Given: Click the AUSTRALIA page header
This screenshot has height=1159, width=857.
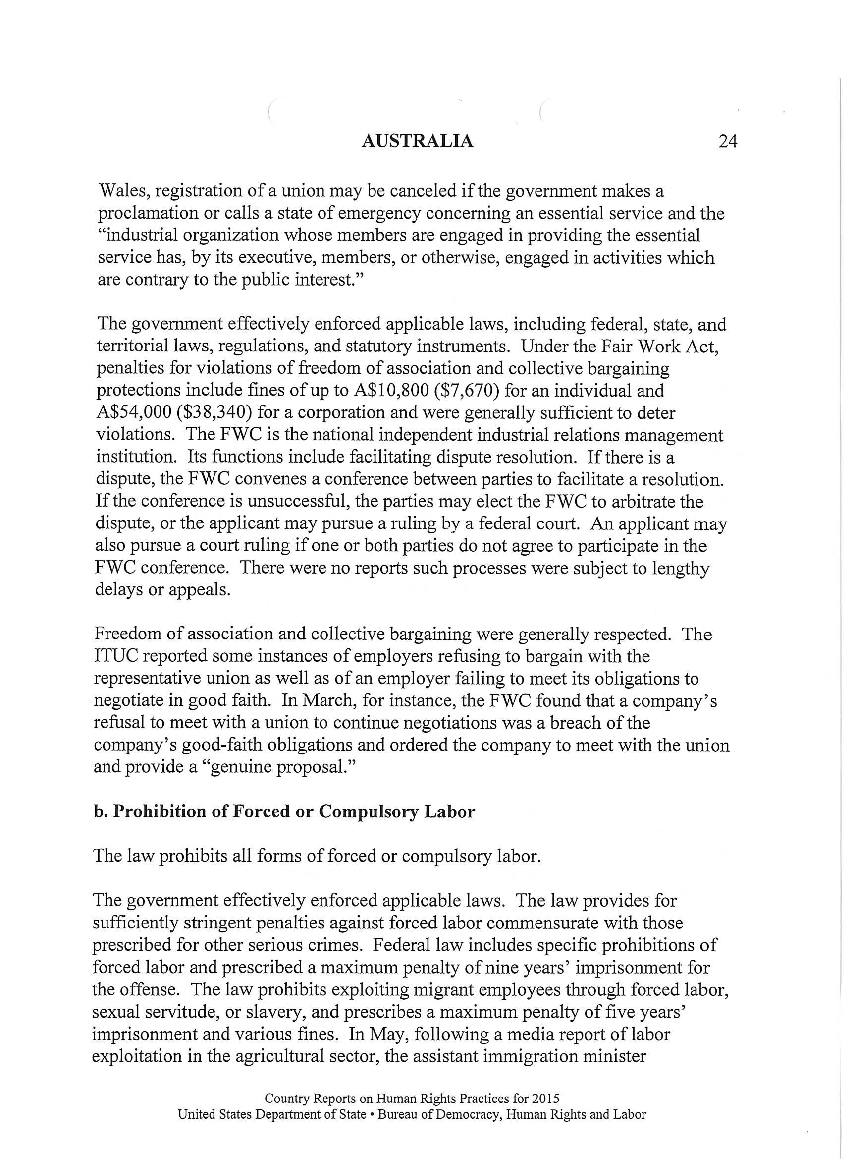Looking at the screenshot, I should point(417,141).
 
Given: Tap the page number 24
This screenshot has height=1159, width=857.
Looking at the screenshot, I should point(728,141).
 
